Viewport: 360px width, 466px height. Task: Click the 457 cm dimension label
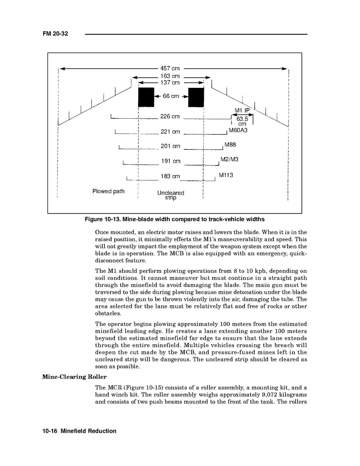pos(170,69)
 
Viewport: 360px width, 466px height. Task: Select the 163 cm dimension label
pos(170,76)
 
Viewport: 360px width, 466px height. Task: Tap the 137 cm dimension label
pos(170,83)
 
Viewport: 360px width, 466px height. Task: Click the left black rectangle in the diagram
pos(146,97)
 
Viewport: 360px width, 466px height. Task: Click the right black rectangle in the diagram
pos(196,97)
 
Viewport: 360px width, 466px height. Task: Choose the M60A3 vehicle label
pos(238,130)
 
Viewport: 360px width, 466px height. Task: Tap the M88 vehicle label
pos(231,145)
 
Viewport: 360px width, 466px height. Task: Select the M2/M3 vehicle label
pos(229,159)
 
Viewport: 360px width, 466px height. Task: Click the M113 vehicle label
pos(226,175)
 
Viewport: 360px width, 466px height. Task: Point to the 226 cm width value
pos(170,116)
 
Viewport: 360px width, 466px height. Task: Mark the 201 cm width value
pos(170,146)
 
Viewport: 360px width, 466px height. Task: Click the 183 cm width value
pos(170,176)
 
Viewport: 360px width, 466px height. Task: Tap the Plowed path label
pos(108,191)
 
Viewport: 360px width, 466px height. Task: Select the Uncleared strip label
pos(170,195)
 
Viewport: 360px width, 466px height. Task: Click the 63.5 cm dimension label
pos(242,121)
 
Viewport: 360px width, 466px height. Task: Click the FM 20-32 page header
pos(55,34)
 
